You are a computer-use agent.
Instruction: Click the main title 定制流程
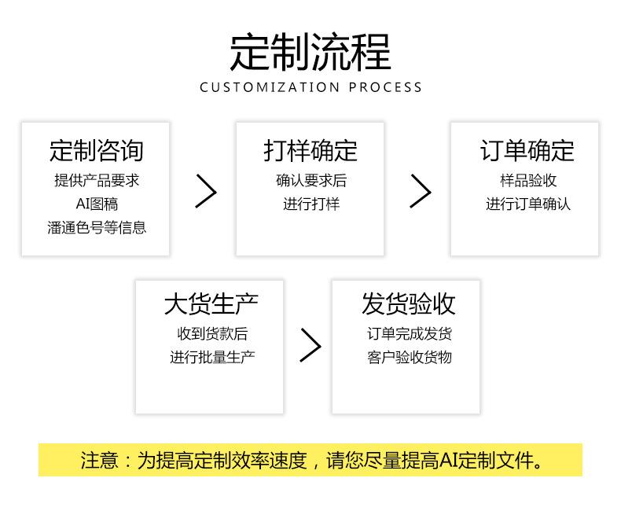point(310,52)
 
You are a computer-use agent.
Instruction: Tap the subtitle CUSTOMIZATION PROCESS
point(311,87)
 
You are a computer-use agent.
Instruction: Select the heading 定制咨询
point(96,150)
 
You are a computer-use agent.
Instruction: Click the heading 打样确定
point(310,150)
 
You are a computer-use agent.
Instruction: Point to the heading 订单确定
point(527,150)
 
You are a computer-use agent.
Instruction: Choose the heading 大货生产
point(211,303)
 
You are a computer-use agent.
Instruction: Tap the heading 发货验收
point(408,303)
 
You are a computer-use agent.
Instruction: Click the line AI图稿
point(97,204)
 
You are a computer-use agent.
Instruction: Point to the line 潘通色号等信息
point(97,227)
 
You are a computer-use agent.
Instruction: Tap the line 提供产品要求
point(97,181)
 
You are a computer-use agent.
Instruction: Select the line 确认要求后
point(311,181)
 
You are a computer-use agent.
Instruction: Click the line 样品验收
point(528,181)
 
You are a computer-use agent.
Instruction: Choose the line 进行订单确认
point(528,204)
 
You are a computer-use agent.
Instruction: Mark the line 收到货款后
point(212,333)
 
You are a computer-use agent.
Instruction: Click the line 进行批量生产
point(212,357)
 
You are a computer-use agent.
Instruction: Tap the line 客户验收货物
point(410,357)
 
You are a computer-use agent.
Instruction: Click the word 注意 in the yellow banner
point(99,461)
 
